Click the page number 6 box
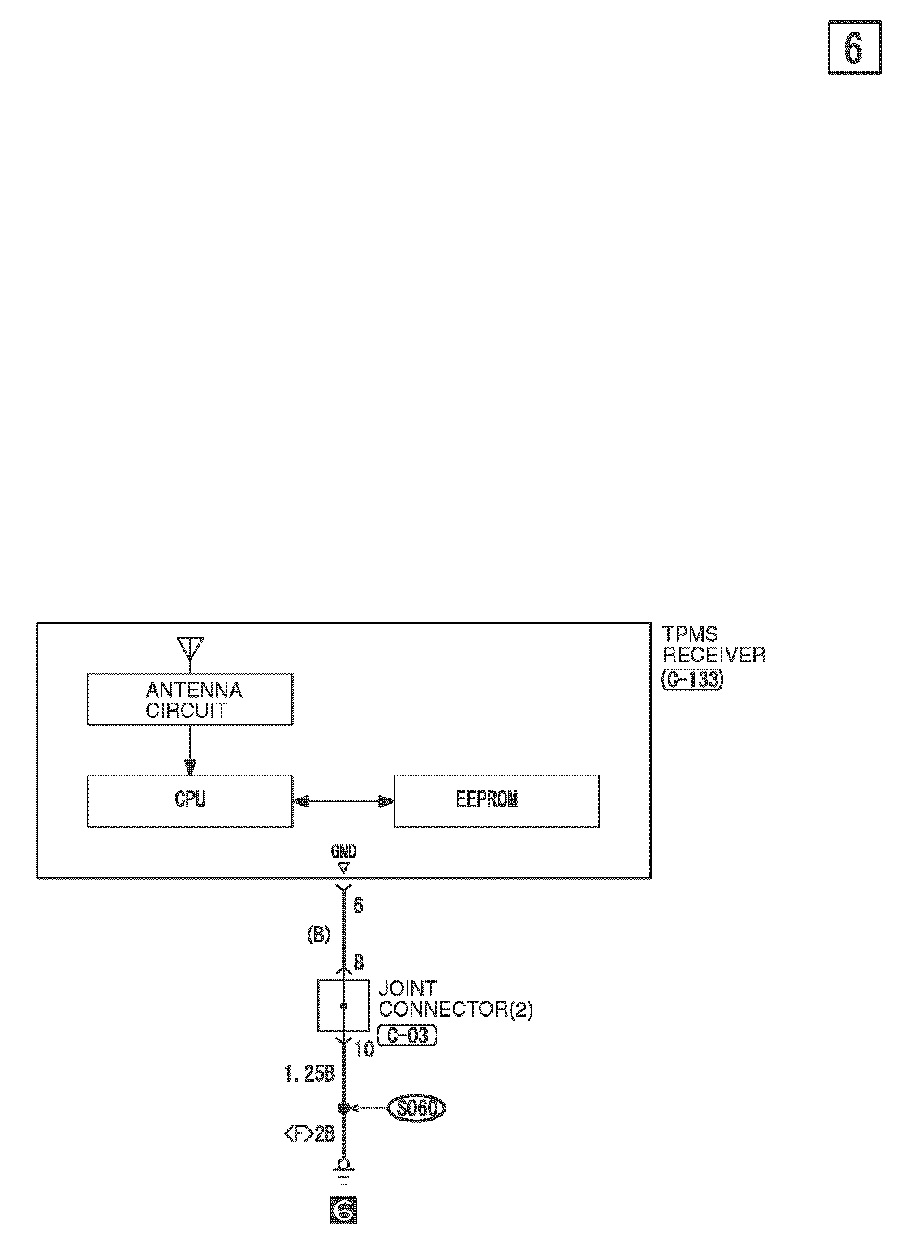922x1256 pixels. click(854, 49)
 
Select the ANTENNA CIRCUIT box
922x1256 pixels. click(190, 701)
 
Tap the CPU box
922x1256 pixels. click(190, 801)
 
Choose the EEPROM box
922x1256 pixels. click(496, 801)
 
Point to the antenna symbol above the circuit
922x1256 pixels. click(190, 647)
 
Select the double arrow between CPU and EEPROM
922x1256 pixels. click(343, 802)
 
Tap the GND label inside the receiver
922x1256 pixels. click(343, 852)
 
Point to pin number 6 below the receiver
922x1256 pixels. click(358, 905)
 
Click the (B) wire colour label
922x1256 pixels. click(318, 935)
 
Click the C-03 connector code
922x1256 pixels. click(407, 1036)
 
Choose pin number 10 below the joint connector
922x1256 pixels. click(364, 1049)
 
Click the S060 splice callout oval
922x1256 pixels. click(417, 1108)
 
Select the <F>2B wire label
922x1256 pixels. click(309, 1134)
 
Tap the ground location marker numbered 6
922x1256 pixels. click(343, 1211)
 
